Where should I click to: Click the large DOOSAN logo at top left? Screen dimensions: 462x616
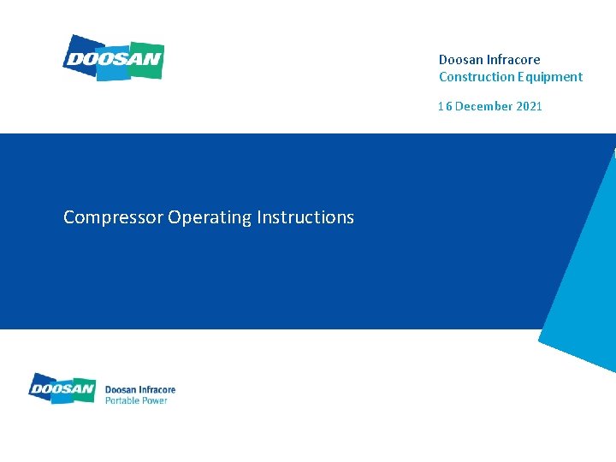pyautogui.click(x=113, y=58)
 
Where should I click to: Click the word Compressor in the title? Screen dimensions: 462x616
pyautogui.click(x=113, y=217)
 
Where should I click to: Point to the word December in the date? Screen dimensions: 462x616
pyautogui.click(x=483, y=106)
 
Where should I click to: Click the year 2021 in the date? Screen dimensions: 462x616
pyautogui.click(x=529, y=106)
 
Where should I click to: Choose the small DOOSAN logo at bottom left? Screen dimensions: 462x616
pyautogui.click(x=62, y=388)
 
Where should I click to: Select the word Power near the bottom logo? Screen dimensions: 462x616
pyautogui.click(x=154, y=400)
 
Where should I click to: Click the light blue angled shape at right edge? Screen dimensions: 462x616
pyautogui.click(x=580, y=282)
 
